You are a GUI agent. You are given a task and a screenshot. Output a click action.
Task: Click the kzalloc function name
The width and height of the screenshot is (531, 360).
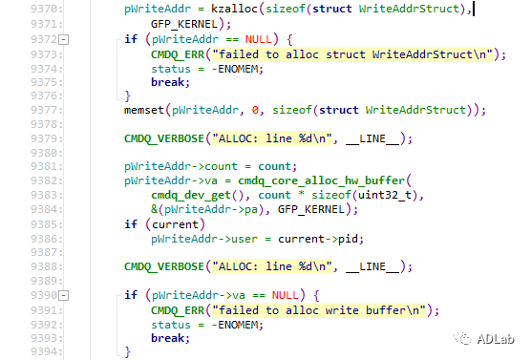tap(234, 9)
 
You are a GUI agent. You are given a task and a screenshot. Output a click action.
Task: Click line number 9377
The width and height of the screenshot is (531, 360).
tap(47, 110)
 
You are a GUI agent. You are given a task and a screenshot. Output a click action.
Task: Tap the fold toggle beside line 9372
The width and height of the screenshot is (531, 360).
tap(64, 39)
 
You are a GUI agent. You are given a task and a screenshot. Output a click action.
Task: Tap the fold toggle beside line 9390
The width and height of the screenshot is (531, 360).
tap(64, 296)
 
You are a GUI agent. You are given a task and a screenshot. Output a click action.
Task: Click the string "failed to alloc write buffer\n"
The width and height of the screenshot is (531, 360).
tap(319, 310)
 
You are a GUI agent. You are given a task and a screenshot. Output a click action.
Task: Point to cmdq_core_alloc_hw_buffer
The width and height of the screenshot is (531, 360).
tap(322, 180)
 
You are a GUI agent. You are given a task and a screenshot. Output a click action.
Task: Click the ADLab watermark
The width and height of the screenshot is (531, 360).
tap(484, 339)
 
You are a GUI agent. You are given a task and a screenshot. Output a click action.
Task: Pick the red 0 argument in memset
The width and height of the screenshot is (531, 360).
tap(255, 110)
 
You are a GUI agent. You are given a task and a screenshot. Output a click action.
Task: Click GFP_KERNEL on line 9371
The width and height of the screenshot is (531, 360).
tap(184, 24)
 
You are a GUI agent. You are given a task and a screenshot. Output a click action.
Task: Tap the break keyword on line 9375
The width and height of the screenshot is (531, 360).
tap(168, 82)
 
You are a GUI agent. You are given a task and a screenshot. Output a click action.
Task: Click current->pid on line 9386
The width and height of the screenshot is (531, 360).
tap(318, 239)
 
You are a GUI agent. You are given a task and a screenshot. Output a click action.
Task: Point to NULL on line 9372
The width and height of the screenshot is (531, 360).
tap(259, 39)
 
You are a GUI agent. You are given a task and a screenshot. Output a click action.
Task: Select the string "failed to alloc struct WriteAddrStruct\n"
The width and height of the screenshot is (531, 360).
tap(352, 54)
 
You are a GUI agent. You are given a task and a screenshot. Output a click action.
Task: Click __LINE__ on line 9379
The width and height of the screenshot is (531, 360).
tap(372, 138)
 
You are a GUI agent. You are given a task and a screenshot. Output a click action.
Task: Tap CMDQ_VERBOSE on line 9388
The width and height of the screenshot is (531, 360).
tap(164, 266)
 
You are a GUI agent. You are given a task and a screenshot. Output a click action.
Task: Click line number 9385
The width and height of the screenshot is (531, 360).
tap(47, 224)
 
